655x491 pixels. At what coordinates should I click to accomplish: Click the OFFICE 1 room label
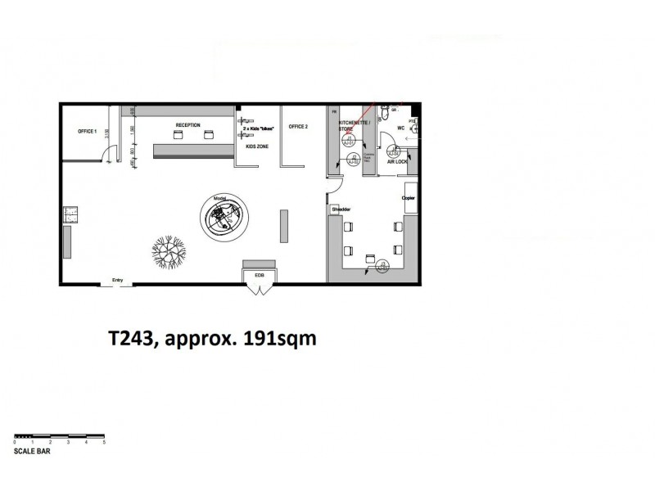[x=88, y=132]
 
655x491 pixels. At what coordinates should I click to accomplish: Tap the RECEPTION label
[x=187, y=125]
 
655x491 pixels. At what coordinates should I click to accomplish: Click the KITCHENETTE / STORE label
[x=355, y=125]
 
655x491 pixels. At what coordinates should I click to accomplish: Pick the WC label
[x=401, y=128]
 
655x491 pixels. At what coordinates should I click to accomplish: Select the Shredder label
[x=341, y=209]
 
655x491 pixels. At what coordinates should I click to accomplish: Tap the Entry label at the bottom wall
[x=116, y=279]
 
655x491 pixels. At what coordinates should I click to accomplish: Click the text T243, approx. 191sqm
[x=212, y=339]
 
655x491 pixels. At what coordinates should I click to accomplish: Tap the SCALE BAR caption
[x=31, y=451]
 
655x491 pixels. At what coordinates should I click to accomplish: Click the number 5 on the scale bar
[x=104, y=443]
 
